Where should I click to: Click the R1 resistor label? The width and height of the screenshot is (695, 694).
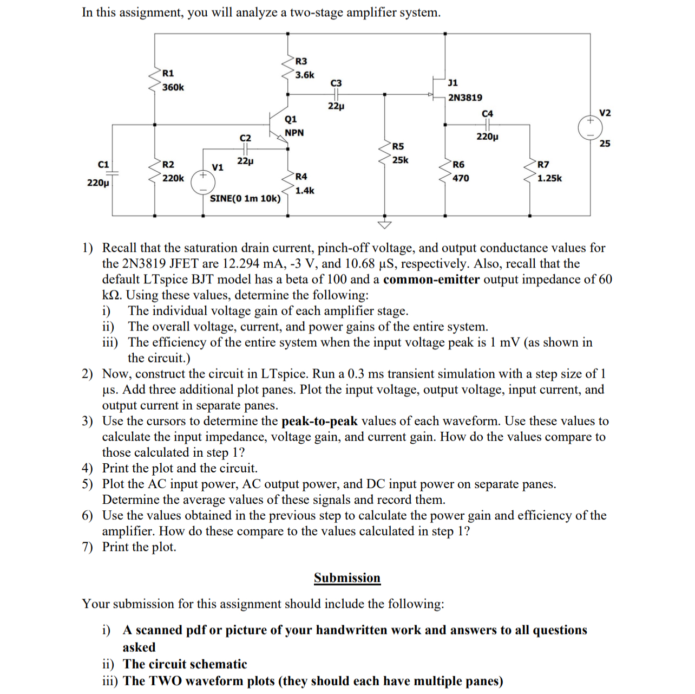pos(168,73)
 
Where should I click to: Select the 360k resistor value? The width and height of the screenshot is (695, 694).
pos(173,87)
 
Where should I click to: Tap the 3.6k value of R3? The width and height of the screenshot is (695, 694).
pos(304,75)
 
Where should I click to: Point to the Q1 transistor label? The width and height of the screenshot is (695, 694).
pos(291,119)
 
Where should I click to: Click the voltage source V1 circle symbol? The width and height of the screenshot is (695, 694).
pos(202,183)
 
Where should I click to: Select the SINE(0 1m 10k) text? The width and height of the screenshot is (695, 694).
pos(245,198)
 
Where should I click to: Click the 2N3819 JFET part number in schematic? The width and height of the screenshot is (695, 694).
pos(465,98)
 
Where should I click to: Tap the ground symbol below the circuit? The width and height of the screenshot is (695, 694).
pos(385,224)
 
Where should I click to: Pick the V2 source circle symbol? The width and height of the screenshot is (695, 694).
pos(589,128)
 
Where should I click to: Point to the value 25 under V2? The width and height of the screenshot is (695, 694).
pos(605,144)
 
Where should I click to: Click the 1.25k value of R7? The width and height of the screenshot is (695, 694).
pos(549,178)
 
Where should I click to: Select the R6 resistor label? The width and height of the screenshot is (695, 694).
pos(458,165)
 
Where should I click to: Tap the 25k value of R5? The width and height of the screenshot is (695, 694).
pos(400,160)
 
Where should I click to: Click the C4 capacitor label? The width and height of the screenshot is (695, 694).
pos(487,114)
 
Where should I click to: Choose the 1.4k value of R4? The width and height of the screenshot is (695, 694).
pos(304,191)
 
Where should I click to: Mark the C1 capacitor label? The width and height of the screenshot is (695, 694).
pos(103,165)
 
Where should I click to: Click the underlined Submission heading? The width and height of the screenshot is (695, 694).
pos(347,578)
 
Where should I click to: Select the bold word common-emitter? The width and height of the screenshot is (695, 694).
pos(431,280)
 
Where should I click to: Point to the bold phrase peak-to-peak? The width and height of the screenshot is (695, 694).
pos(319,421)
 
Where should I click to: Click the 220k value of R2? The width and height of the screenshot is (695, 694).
pos(173,178)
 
